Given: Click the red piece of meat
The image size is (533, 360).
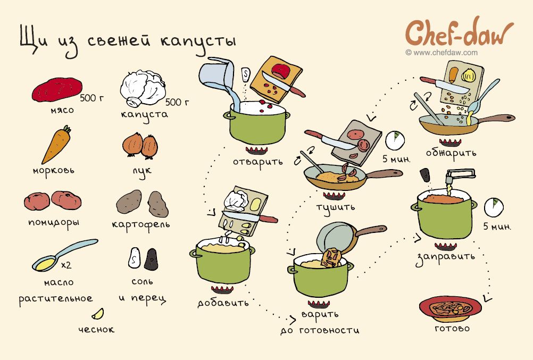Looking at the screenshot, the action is tap(57, 89).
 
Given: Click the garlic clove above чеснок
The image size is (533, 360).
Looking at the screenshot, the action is tap(98, 314).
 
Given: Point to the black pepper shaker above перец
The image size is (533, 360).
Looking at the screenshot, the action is tap(151, 259).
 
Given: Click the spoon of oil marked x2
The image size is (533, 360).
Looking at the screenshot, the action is tap(64, 255).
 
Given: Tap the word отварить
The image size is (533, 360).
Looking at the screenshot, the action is tap(257, 162).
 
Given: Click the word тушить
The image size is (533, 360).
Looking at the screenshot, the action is tap(336, 207).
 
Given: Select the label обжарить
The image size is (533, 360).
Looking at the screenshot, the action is tap(451, 153).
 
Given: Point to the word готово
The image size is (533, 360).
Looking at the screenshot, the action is tap(452, 329).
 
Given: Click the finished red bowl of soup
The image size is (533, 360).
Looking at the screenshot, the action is tap(451, 309).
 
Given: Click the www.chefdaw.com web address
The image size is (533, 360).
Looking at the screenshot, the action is tap(442, 53).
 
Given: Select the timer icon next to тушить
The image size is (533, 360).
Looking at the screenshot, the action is tap(395, 140).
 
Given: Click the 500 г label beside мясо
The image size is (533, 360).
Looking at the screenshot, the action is tap(92, 98).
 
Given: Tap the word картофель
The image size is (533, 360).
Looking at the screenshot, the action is tap(141, 225).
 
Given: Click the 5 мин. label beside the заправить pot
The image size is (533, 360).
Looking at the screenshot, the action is tap(497, 227).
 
